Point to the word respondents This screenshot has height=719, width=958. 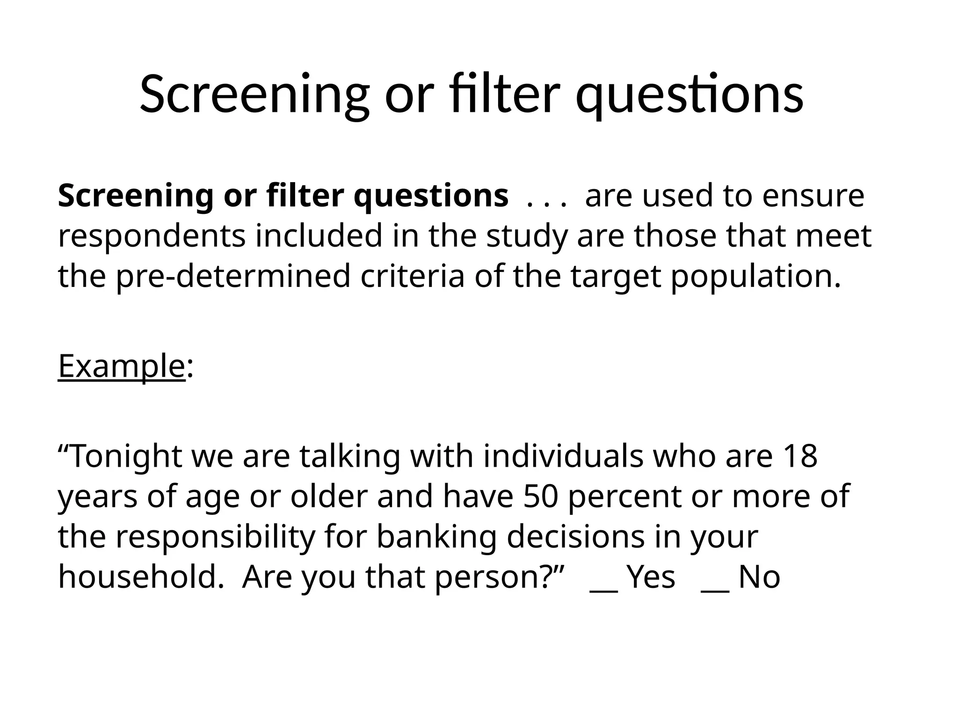pos(152,236)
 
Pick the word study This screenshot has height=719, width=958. pos(526,236)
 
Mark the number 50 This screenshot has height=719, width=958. pos(541,496)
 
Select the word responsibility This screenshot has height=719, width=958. pos(215,537)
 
